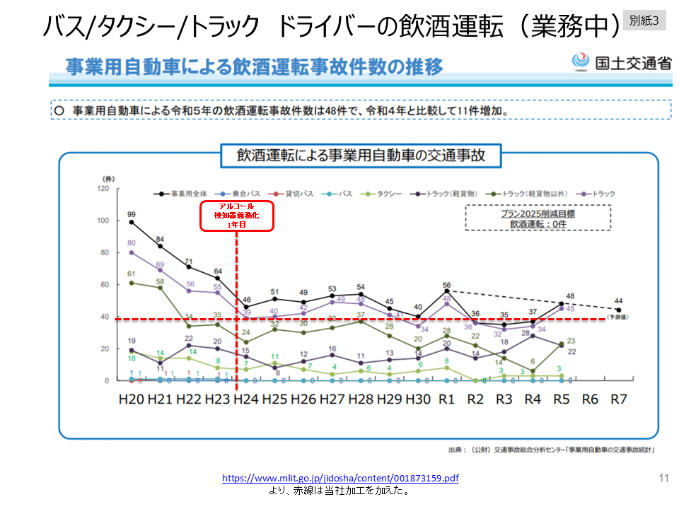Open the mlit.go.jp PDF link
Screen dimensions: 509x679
[340, 479]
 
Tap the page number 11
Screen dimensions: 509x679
[663, 479]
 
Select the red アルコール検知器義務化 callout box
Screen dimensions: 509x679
[236, 215]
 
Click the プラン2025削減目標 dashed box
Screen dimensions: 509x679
[538, 218]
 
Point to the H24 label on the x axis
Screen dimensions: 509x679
[245, 399]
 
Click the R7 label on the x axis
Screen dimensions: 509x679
[618, 399]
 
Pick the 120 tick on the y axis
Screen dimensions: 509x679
[103, 189]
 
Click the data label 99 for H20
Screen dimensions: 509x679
[132, 213]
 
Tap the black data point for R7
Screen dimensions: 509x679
[618, 310]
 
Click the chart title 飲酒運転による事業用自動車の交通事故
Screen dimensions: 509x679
[360, 155]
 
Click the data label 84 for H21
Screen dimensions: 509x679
[161, 238]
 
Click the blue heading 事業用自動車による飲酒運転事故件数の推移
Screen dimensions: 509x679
[255, 67]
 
